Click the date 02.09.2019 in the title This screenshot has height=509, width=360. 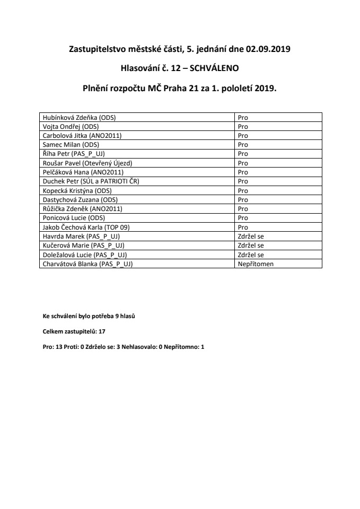pyautogui.click(x=268, y=50)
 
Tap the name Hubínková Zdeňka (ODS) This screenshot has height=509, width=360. pyautogui.click(x=74, y=117)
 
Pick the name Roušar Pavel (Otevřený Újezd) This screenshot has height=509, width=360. pyautogui.click(x=87, y=163)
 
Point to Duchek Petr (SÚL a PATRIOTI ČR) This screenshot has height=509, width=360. pyautogui.click(x=90, y=181)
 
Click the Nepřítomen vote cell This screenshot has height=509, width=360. pyautogui.click(x=256, y=264)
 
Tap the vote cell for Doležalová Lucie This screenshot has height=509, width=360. pyautogui.click(x=251, y=254)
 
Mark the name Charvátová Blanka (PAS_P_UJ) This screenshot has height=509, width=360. pyautogui.click(x=87, y=264)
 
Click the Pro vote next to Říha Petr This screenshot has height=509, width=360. pyautogui.click(x=243, y=154)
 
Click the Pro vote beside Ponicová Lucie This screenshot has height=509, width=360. pyautogui.click(x=243, y=218)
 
